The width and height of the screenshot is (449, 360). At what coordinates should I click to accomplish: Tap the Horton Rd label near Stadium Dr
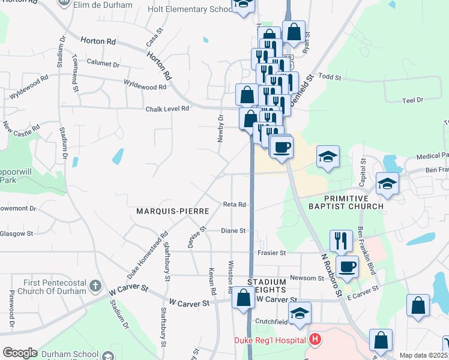click(x=98, y=41)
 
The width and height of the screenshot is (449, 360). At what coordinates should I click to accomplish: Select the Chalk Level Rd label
click(x=167, y=109)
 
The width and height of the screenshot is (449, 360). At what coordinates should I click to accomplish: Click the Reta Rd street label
click(x=235, y=205)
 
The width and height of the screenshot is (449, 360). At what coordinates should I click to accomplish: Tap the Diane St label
click(x=233, y=230)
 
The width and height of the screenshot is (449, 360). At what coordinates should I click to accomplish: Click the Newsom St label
click(x=307, y=278)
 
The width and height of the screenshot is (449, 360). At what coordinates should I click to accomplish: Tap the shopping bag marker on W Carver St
click(x=244, y=298)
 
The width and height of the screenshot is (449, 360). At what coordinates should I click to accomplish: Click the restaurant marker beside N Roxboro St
click(x=341, y=241)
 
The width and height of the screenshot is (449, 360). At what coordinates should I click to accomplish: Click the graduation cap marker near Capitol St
click(x=388, y=184)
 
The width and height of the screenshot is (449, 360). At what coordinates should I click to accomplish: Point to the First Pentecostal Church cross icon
click(x=95, y=287)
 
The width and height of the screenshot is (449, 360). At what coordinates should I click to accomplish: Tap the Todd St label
click(x=330, y=77)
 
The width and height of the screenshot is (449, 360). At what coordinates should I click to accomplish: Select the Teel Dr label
click(x=412, y=100)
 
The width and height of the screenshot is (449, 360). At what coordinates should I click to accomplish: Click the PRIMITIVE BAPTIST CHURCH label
click(x=354, y=203)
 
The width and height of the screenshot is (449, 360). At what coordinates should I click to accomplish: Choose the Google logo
click(x=20, y=353)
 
